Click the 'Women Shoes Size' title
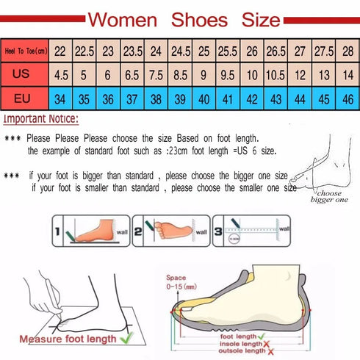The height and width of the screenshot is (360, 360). coord(183,18)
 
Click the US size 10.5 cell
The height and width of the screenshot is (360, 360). coord(276,74)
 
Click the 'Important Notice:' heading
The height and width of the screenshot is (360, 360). coord(41,119)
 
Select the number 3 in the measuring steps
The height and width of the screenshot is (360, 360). coord(220,231)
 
